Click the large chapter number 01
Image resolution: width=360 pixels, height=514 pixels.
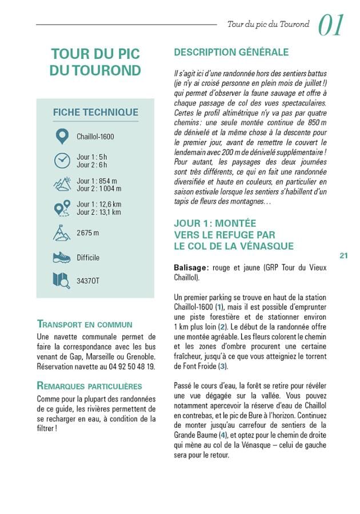(x=331, y=26)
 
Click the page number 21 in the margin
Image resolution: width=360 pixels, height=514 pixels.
(x=343, y=256)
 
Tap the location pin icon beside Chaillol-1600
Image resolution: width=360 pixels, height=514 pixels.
(x=62, y=136)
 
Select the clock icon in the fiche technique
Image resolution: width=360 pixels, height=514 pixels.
(x=62, y=160)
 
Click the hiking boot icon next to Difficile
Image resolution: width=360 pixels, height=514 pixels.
(x=62, y=258)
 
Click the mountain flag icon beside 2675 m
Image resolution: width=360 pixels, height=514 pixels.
(x=62, y=233)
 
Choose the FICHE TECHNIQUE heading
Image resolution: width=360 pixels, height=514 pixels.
(x=95, y=113)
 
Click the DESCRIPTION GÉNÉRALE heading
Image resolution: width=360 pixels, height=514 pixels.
(x=231, y=53)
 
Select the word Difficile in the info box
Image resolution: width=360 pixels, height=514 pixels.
(x=88, y=258)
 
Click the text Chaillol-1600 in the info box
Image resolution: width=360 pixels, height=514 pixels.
(x=95, y=136)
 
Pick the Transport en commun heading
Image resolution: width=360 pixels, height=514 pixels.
(x=84, y=324)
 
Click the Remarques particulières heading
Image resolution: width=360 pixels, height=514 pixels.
(x=90, y=385)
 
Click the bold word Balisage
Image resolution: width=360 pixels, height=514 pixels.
(x=191, y=267)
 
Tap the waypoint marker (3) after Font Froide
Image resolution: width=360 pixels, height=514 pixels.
(x=223, y=366)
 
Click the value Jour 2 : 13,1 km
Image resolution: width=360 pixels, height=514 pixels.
(x=99, y=212)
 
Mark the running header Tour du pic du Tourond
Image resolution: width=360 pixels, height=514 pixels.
(x=268, y=25)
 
